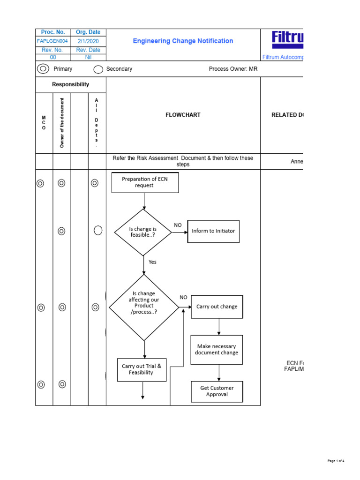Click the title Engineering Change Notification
[x=183, y=41]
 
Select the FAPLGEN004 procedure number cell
[x=53, y=41]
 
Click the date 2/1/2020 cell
[x=88, y=41]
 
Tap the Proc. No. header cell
[x=53, y=32]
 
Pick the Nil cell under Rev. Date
[x=88, y=57]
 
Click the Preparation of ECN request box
[x=145, y=182]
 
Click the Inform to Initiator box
[x=213, y=231]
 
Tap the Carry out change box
[x=217, y=307]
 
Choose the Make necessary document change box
[x=217, y=350]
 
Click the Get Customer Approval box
[x=217, y=391]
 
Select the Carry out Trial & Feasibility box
[x=141, y=369]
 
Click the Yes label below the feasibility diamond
[x=152, y=262]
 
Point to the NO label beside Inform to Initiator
[x=178, y=225]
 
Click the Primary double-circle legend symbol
[x=43, y=69]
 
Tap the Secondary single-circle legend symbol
[x=98, y=69]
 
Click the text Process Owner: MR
[x=233, y=69]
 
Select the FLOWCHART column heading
[x=183, y=115]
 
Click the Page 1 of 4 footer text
[x=336, y=461]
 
